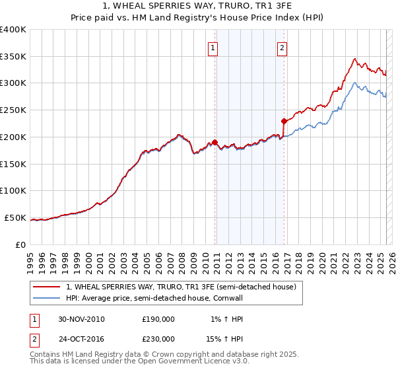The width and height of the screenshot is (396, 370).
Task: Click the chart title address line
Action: (198, 6)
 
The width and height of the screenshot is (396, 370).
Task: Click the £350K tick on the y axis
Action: (13, 56)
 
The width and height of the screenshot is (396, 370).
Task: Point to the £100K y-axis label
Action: (13, 190)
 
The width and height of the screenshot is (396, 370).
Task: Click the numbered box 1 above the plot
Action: (213, 47)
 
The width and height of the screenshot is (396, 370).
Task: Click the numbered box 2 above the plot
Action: (282, 47)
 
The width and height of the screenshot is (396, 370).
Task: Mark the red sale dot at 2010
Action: (215, 142)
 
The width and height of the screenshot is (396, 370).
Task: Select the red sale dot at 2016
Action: (284, 121)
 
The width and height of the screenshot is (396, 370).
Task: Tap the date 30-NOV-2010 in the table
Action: (81, 318)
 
